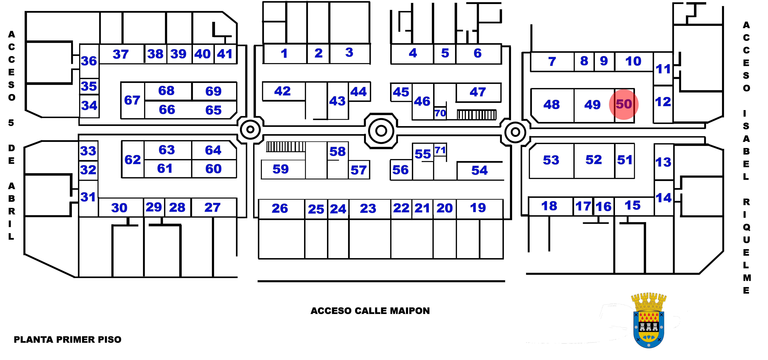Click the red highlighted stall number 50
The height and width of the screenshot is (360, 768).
pos(624,104)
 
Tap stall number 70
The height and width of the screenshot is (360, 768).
pos(440,113)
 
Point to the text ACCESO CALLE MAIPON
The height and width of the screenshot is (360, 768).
pos(370,311)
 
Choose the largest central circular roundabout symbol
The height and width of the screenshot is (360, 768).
pos(381,131)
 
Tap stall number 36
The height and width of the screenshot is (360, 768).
pos(89,61)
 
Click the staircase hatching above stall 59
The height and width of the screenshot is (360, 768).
pos(286,147)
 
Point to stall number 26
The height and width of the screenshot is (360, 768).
pos(280,208)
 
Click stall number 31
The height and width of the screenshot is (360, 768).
pos(88,197)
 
